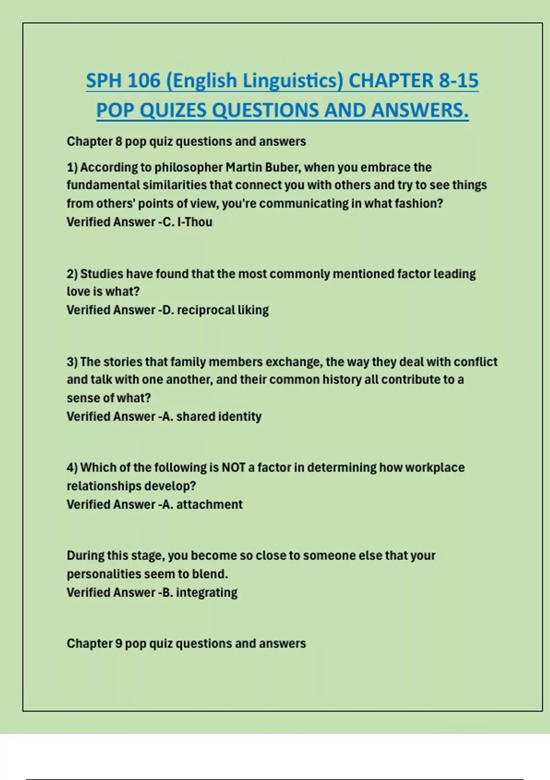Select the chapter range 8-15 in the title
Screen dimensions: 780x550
tap(458, 81)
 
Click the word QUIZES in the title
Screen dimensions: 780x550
tap(171, 110)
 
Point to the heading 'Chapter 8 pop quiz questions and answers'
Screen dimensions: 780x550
tap(186, 141)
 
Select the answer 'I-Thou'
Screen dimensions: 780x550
tap(194, 222)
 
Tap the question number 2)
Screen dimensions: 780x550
tap(72, 274)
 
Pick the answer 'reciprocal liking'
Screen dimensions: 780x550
tap(222, 310)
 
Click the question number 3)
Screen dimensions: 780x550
tap(72, 362)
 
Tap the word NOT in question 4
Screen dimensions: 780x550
tap(233, 468)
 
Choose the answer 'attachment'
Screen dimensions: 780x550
tap(209, 505)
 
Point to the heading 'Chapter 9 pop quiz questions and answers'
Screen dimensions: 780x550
tap(186, 644)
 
